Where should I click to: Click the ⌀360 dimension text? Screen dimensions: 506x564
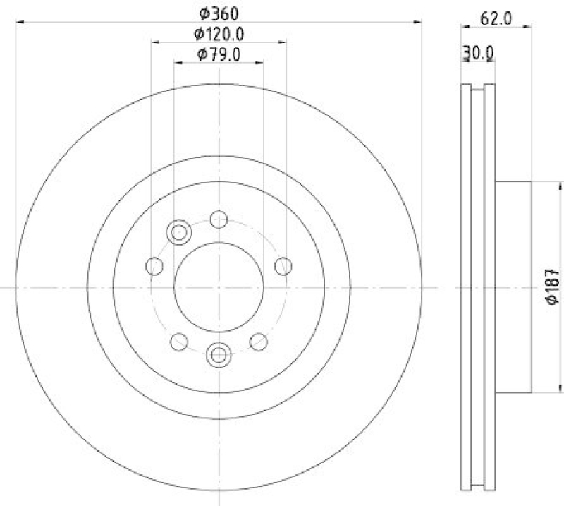[219, 13]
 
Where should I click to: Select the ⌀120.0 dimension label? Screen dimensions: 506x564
[219, 34]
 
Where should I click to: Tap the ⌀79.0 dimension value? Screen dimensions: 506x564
[219, 54]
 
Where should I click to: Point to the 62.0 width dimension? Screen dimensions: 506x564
[496, 19]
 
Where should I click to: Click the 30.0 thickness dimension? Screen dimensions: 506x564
[479, 53]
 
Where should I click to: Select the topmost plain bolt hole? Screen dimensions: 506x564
[219, 219]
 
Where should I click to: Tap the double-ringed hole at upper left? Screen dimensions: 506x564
[179, 231]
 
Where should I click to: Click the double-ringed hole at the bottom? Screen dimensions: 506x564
[219, 354]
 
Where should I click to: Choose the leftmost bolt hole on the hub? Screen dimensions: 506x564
[154, 266]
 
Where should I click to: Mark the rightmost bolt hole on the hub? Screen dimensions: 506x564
[283, 266]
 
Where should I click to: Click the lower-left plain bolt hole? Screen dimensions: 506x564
[179, 342]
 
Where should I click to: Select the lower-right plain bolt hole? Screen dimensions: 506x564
[259, 342]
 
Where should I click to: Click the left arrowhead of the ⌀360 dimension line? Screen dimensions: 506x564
[19, 23]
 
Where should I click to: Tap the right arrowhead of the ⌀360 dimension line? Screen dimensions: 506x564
[418, 23]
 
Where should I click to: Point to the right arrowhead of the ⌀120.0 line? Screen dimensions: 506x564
[283, 43]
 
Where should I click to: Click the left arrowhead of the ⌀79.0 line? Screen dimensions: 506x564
[178, 63]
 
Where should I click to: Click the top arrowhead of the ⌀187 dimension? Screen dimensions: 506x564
[541, 185]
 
